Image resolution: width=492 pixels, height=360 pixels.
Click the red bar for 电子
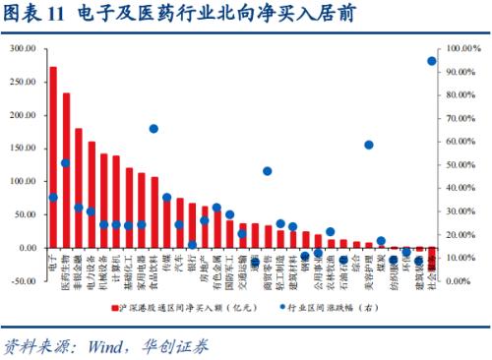point(53,157)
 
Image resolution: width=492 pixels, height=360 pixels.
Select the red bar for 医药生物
point(66,171)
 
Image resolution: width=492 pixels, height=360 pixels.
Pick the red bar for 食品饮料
point(154,212)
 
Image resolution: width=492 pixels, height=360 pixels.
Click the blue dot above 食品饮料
point(154,129)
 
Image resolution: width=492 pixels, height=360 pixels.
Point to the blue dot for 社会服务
point(432,61)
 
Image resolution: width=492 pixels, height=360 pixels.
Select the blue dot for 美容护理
point(368,145)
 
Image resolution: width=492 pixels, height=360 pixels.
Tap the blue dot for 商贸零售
point(268,171)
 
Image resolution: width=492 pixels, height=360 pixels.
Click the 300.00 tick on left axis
point(22,49)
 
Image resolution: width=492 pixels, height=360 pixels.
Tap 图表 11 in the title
point(34,15)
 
